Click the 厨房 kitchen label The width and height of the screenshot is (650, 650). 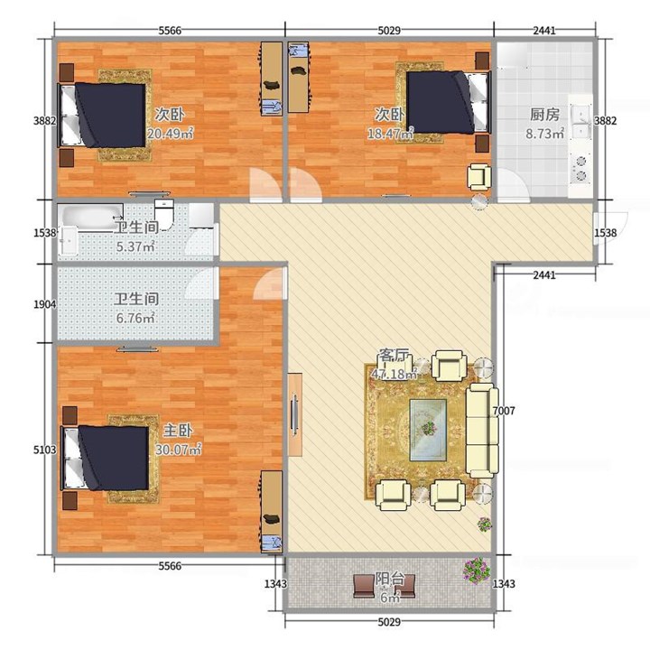tap(544, 115)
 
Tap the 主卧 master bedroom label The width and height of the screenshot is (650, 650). tap(178, 431)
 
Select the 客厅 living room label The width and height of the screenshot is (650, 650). tap(394, 356)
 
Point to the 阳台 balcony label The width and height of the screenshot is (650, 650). tap(390, 579)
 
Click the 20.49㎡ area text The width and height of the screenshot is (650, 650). tap(171, 133)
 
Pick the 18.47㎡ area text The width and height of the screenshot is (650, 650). tap(390, 133)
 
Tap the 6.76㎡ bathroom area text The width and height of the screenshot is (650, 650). tap(135, 318)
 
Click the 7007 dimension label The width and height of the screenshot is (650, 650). tap(504, 411)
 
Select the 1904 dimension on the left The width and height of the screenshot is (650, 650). tap(45, 304)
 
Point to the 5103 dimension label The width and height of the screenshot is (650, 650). tap(45, 450)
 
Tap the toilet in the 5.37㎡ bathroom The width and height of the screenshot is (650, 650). tap(164, 214)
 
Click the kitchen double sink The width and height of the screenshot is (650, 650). tap(581, 122)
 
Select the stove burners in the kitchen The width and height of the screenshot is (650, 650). tap(580, 168)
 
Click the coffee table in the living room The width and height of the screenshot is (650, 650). tap(428, 430)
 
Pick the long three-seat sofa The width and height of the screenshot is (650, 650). tap(482, 431)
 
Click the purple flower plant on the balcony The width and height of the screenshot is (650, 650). tap(478, 570)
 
